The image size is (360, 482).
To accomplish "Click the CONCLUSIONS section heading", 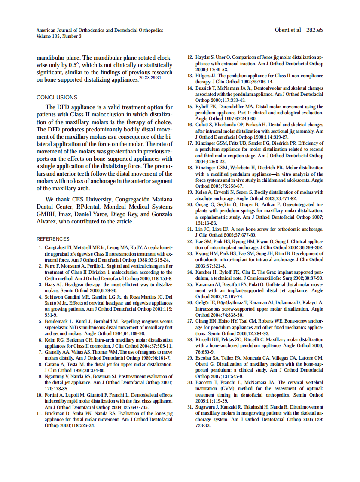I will pyautogui.click(x=57, y=98).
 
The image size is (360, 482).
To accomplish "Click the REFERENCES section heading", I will pyautogui.click(x=53, y=239).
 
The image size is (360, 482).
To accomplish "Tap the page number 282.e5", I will pyautogui.click(x=314, y=30).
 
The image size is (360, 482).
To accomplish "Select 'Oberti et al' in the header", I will pyautogui.click(x=288, y=30).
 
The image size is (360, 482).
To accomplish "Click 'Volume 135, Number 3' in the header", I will pyautogui.click(x=59, y=37).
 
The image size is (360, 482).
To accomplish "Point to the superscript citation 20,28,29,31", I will pyautogui.click(x=150, y=78).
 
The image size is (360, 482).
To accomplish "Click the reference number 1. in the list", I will pyautogui.click(x=40, y=248).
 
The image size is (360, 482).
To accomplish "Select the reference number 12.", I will pyautogui.click(x=189, y=58).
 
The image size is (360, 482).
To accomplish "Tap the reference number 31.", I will pyautogui.click(x=189, y=407).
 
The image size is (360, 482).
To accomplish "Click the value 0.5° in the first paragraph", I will pyautogui.click(x=79, y=65).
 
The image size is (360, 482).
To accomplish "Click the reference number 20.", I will pyautogui.click(x=189, y=205).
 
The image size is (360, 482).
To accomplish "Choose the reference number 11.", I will pyautogui.click(x=40, y=413).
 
